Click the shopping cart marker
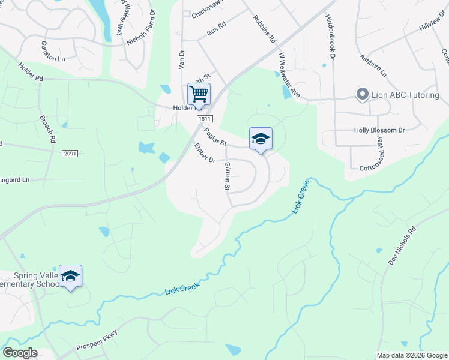[199, 94]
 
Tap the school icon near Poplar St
[261, 139]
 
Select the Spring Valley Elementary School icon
[70, 276]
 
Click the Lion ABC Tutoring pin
[362, 94]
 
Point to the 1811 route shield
[202, 120]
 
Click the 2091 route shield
[69, 154]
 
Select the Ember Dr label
[204, 153]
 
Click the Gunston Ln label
[53, 52]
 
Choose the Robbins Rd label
[264, 29]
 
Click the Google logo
[20, 353]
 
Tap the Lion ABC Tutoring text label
[405, 95]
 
